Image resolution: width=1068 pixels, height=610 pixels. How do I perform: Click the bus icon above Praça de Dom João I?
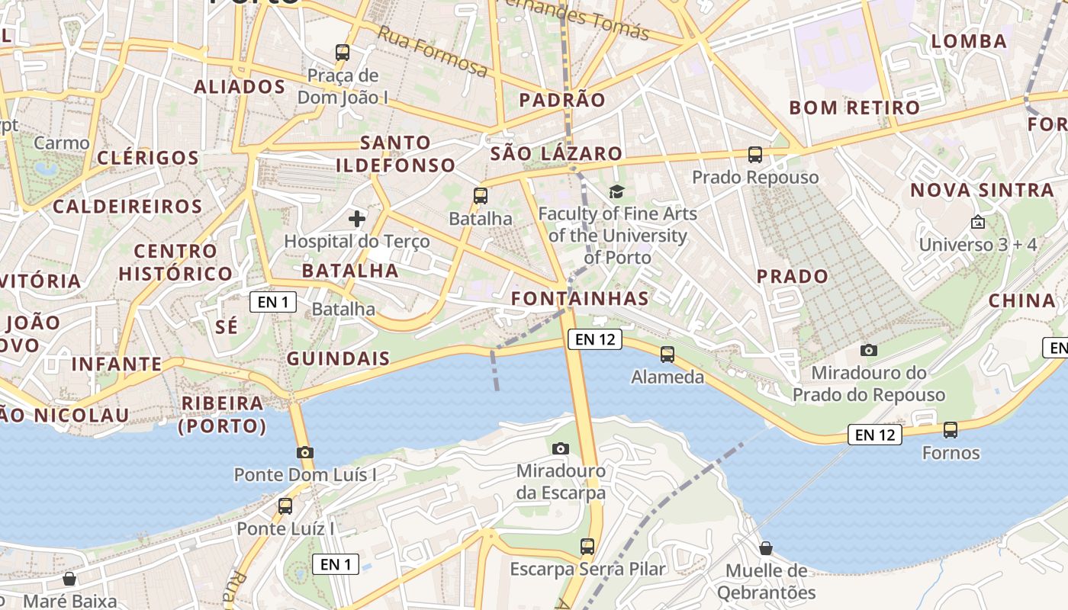(343, 53)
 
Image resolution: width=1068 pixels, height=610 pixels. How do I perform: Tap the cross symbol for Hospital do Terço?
(356, 220)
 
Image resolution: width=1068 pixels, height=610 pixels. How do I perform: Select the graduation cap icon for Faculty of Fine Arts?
(616, 191)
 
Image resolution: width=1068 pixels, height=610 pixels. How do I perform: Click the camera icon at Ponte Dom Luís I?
(304, 452)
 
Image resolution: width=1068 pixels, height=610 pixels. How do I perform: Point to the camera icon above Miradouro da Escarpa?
(561, 448)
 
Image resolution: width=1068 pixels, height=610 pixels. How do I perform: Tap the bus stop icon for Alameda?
(667, 354)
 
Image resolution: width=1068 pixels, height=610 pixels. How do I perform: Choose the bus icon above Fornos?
(951, 429)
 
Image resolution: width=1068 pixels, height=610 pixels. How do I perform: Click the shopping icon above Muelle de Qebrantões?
(766, 548)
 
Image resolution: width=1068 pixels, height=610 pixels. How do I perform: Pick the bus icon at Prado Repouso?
(755, 155)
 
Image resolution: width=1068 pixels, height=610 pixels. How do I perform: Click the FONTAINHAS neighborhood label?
(581, 298)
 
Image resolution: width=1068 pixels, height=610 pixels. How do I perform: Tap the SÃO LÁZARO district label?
(556, 153)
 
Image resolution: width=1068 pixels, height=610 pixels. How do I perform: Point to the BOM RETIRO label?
(854, 108)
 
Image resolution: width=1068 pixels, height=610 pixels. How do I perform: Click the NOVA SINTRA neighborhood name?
(982, 190)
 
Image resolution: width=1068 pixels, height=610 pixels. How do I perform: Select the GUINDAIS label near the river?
(338, 358)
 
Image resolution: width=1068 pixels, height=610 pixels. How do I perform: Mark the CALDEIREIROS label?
(127, 206)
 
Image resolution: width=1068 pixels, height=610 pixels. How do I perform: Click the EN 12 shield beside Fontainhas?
(595, 339)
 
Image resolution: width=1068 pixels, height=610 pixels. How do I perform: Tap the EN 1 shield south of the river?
(336, 564)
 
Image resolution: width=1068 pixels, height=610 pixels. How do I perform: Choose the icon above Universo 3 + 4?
(977, 223)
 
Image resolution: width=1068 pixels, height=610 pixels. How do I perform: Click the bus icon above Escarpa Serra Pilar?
(587, 546)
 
